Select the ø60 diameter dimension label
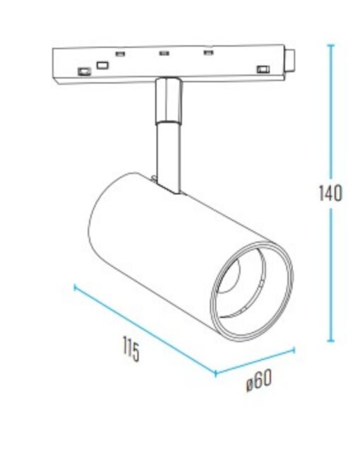tap(259, 381)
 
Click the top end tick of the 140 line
tap(330, 45)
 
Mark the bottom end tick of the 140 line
tap(330, 341)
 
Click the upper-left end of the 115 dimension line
tap(75, 286)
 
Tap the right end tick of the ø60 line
tap(294, 348)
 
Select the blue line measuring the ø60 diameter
tap(254, 361)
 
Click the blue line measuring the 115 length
tap(145, 330)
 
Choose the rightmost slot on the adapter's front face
tap(263, 69)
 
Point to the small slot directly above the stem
tap(164, 52)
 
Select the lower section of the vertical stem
tap(169, 152)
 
